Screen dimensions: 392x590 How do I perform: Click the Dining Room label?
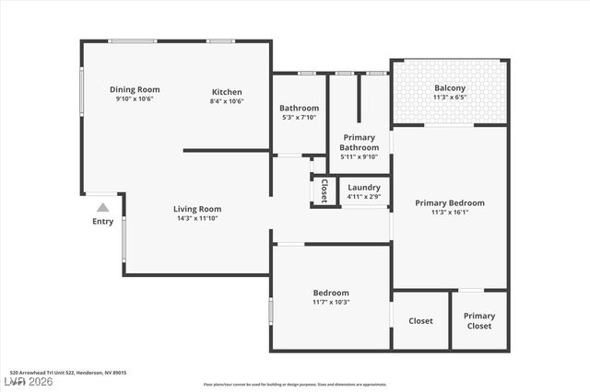(x=136, y=89)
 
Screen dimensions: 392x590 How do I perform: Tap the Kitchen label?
(x=227, y=92)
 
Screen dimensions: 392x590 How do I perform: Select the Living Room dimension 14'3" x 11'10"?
(x=197, y=219)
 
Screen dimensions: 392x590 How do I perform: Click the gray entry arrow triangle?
(x=103, y=208)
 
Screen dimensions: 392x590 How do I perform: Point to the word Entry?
(x=103, y=222)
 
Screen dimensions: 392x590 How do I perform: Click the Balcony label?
(x=450, y=88)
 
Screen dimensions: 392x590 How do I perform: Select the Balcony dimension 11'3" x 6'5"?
(x=450, y=98)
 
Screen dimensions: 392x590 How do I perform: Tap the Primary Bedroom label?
(x=449, y=202)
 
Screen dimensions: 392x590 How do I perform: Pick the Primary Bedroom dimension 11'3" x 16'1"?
(x=449, y=213)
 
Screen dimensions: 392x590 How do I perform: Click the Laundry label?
(x=364, y=187)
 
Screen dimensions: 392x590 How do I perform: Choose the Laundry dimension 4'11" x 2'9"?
(x=364, y=196)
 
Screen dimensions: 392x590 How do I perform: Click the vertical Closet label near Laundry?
(x=324, y=190)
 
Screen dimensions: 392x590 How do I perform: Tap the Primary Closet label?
(x=478, y=321)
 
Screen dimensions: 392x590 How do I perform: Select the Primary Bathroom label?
(x=359, y=143)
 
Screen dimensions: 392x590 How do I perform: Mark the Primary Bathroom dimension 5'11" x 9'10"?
(x=359, y=156)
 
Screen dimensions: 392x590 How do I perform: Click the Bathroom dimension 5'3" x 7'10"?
(x=300, y=118)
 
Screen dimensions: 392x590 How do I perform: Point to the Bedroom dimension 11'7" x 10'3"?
(x=331, y=302)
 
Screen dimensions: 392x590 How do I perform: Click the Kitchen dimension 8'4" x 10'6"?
(x=227, y=101)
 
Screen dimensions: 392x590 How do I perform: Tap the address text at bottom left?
(x=64, y=373)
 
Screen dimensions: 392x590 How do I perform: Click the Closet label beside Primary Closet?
(x=420, y=321)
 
